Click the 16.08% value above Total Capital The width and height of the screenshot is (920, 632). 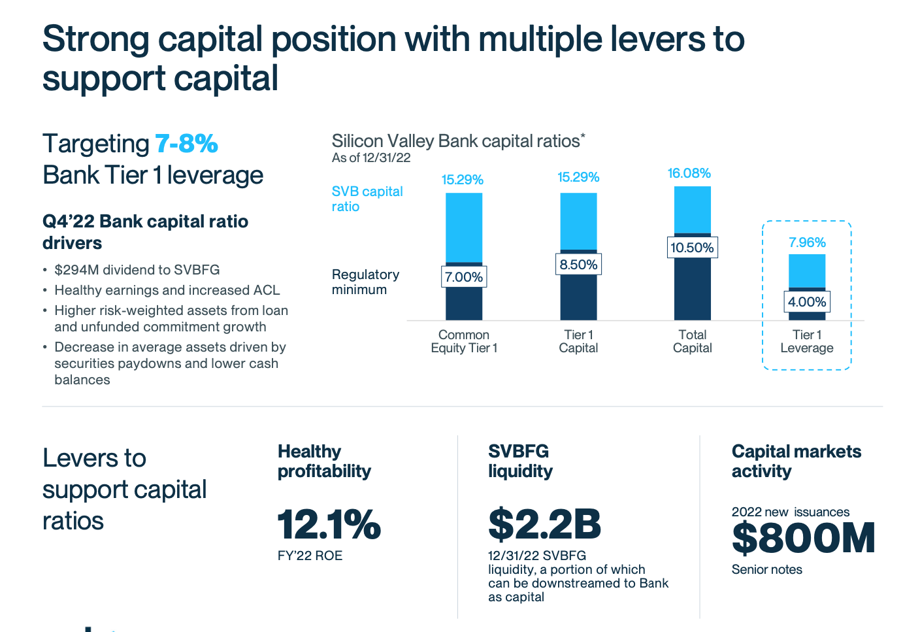pos(689,173)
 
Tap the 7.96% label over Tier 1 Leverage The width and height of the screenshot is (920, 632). pos(807,242)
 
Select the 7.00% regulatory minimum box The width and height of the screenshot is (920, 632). pos(464,277)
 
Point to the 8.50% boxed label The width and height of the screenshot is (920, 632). pos(578,265)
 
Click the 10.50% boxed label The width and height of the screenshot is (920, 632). pos(692,248)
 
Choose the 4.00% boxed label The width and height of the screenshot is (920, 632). pos(807,302)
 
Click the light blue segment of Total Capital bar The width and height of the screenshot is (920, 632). pos(692,209)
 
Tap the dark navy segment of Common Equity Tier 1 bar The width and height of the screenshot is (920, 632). pos(464,304)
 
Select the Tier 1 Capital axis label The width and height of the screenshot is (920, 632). pos(578,341)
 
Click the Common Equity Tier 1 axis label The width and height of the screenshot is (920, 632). pos(464,341)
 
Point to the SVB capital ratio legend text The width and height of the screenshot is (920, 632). pos(367,199)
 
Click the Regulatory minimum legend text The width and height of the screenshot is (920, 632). pos(365,282)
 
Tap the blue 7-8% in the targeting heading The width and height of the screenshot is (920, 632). pos(186,144)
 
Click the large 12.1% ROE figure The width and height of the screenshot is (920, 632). pos(329,524)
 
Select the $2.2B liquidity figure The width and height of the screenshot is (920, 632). pos(544,524)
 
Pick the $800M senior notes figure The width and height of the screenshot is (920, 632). pos(803,539)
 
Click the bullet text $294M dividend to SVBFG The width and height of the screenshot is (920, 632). pos(137,270)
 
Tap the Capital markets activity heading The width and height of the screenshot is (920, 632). pos(796,461)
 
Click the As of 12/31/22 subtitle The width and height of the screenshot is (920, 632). pos(371,158)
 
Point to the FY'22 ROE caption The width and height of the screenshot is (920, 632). pos(310,556)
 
